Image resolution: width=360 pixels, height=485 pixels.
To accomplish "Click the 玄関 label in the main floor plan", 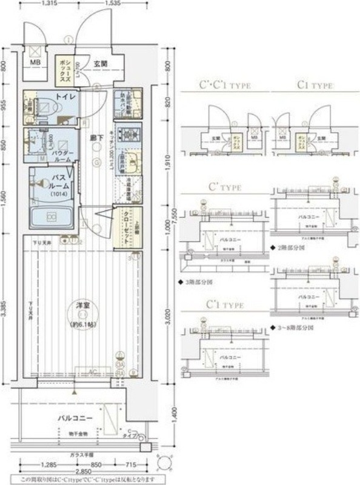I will [x=101, y=63].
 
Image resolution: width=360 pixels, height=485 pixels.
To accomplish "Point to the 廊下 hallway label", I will [x=95, y=138].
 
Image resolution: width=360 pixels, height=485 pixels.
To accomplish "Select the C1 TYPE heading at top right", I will [x=315, y=85].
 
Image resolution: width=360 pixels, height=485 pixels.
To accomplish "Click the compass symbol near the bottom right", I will [x=165, y=462].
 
